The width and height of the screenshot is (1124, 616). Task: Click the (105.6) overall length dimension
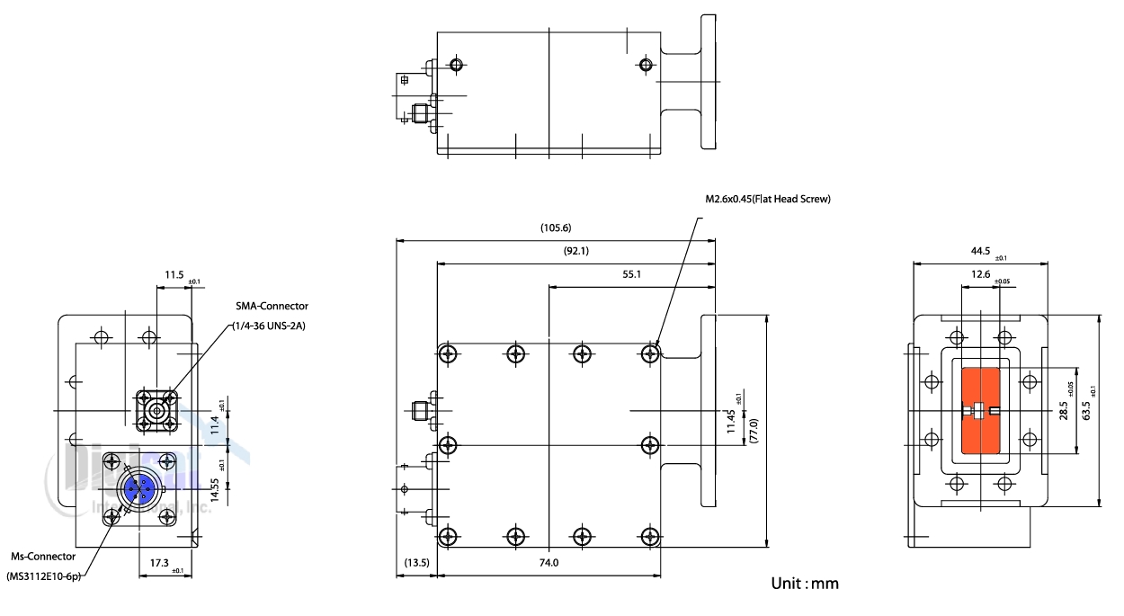(x=556, y=228)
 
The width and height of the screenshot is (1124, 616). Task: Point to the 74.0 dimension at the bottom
(x=549, y=563)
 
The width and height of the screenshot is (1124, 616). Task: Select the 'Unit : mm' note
(x=805, y=585)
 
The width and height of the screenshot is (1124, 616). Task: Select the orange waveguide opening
(x=982, y=411)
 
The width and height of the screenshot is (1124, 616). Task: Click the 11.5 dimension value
(x=173, y=274)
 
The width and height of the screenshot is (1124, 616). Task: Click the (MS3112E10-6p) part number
(x=44, y=576)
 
